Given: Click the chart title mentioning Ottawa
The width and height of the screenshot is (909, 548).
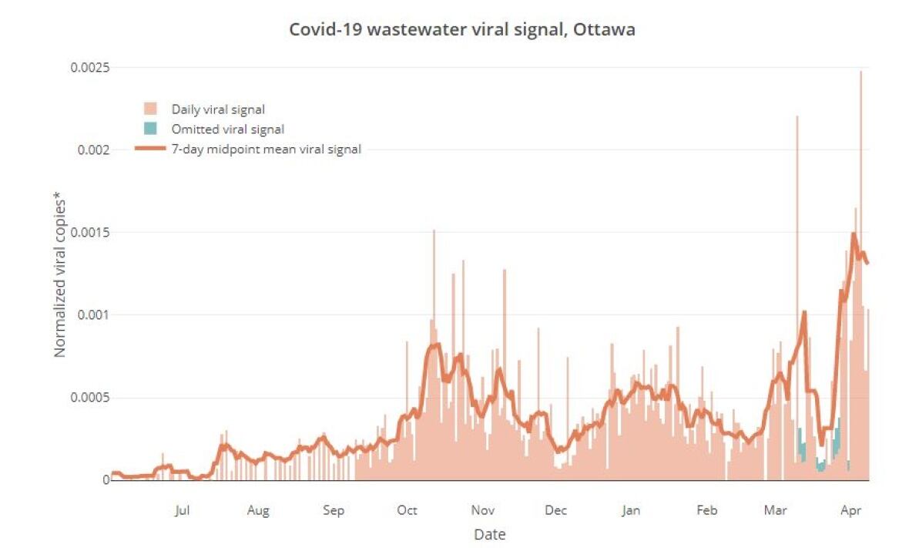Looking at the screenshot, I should pos(462,30).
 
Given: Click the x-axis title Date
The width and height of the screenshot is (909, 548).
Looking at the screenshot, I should pos(490,534).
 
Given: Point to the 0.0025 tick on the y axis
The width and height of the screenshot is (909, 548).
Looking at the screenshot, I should pos(89,67).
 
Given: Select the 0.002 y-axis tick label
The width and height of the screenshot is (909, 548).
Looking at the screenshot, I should pos(92,150).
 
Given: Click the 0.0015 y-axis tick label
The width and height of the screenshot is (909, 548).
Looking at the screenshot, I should pos(89,232).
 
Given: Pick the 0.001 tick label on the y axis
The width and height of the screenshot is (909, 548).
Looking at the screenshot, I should pos(92,314).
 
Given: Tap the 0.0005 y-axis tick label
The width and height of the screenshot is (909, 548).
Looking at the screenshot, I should pos(89,398).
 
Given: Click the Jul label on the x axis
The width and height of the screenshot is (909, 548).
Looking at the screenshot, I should pos(182,510).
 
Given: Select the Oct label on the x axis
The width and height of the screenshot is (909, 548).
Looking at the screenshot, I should pos(407,510).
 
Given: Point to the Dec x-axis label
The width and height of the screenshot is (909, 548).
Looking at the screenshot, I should pos(555,510).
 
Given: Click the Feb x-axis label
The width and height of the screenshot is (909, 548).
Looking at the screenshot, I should pos(706,510).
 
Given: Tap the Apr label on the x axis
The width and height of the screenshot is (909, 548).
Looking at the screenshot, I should pos(850,510).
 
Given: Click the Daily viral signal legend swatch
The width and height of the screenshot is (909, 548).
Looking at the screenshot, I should pos(151,109).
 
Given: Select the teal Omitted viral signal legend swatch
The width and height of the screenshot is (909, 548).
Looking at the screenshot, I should pos(151,129).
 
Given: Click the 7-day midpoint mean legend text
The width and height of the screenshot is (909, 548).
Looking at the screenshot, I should pos(267,150).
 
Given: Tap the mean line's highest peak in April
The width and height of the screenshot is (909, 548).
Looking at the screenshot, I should pos(854,234).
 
